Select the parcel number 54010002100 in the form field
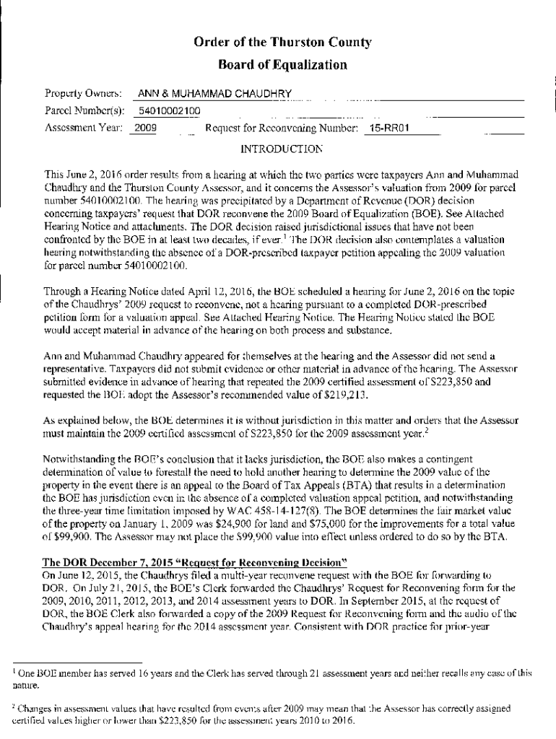click(170, 111)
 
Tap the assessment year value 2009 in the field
click(147, 128)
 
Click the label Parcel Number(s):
click(79, 111)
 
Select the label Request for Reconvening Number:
click(282, 128)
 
